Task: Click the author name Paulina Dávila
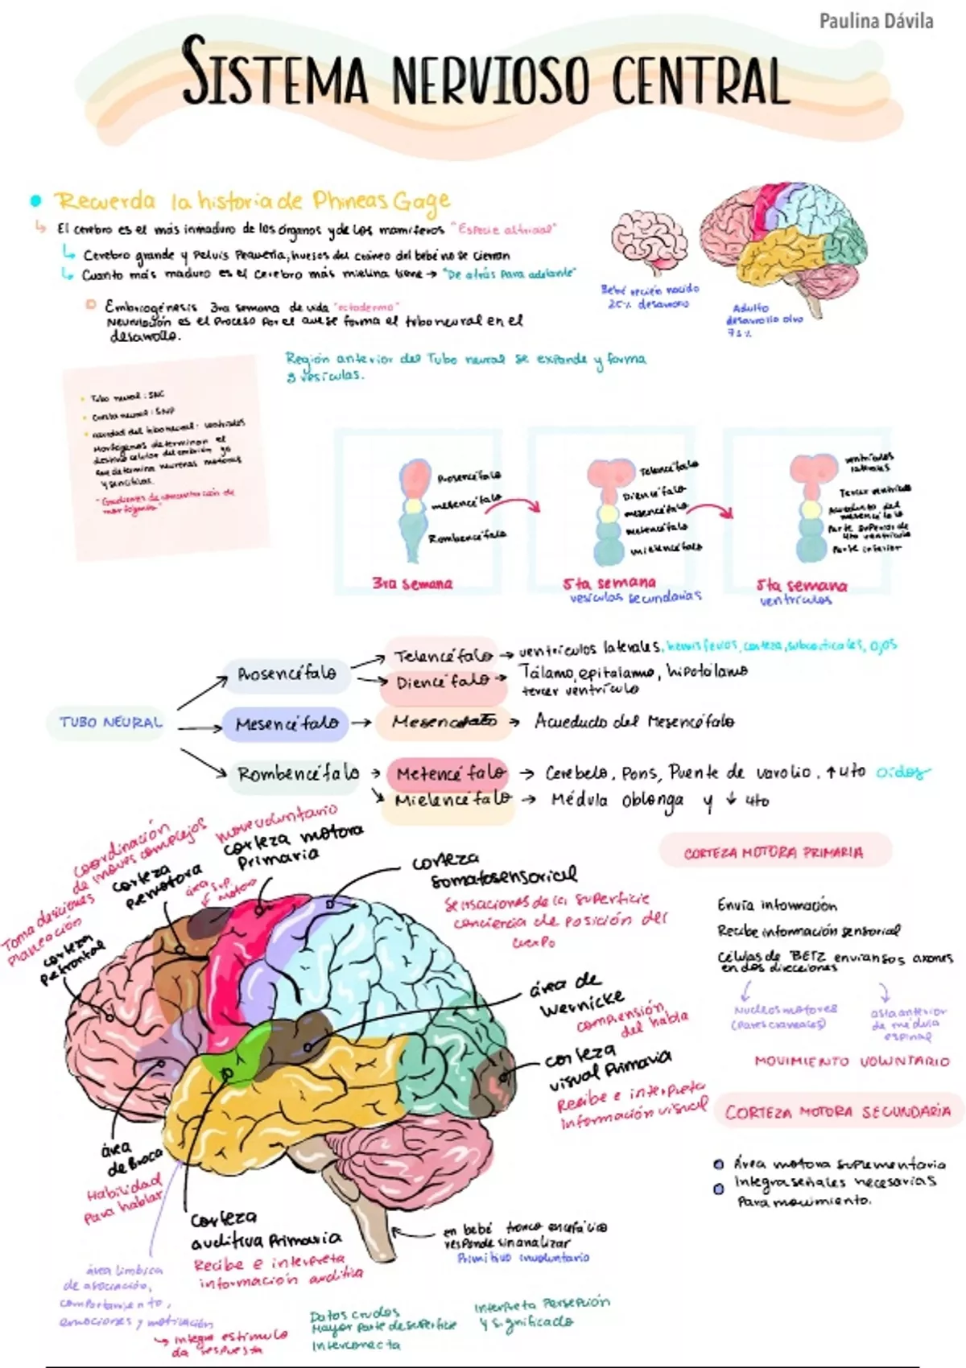point(876,22)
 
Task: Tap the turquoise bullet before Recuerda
point(35,200)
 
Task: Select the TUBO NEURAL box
point(111,722)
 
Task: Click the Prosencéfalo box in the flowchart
point(287,674)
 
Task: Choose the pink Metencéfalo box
point(449,773)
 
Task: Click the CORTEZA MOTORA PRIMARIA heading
point(774,852)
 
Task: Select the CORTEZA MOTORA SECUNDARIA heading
point(837,1112)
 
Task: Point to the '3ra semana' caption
point(412,583)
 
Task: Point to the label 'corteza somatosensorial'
point(493,871)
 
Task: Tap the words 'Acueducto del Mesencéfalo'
point(634,721)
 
